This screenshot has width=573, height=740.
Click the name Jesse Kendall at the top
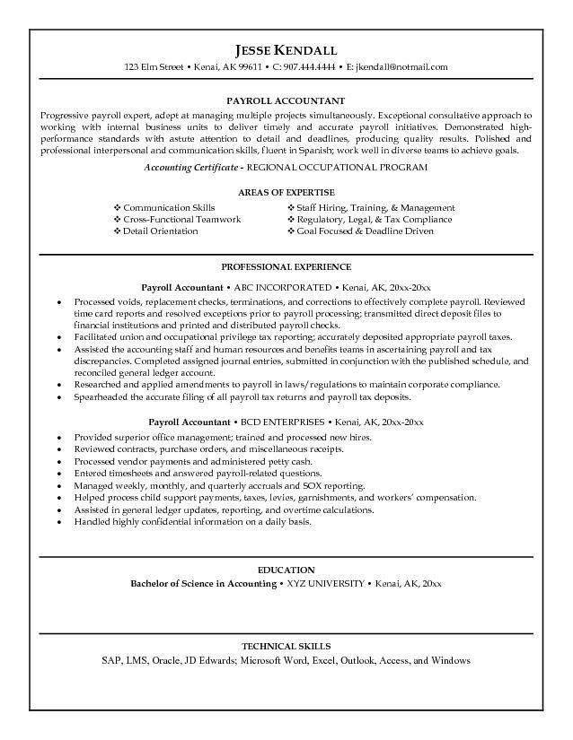tap(286, 48)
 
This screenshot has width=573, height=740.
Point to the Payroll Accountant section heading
tap(286, 101)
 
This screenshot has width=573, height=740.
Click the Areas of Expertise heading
tap(286, 193)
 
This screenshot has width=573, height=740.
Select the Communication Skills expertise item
tap(169, 207)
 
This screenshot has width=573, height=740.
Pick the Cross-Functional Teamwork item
tap(181, 219)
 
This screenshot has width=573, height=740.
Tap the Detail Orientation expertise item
tap(160, 231)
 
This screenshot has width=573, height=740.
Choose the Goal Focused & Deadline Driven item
tap(366, 231)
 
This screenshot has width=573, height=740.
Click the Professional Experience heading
tap(286, 267)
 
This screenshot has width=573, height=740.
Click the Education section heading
tap(286, 570)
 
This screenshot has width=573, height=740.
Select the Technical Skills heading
tap(286, 647)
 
